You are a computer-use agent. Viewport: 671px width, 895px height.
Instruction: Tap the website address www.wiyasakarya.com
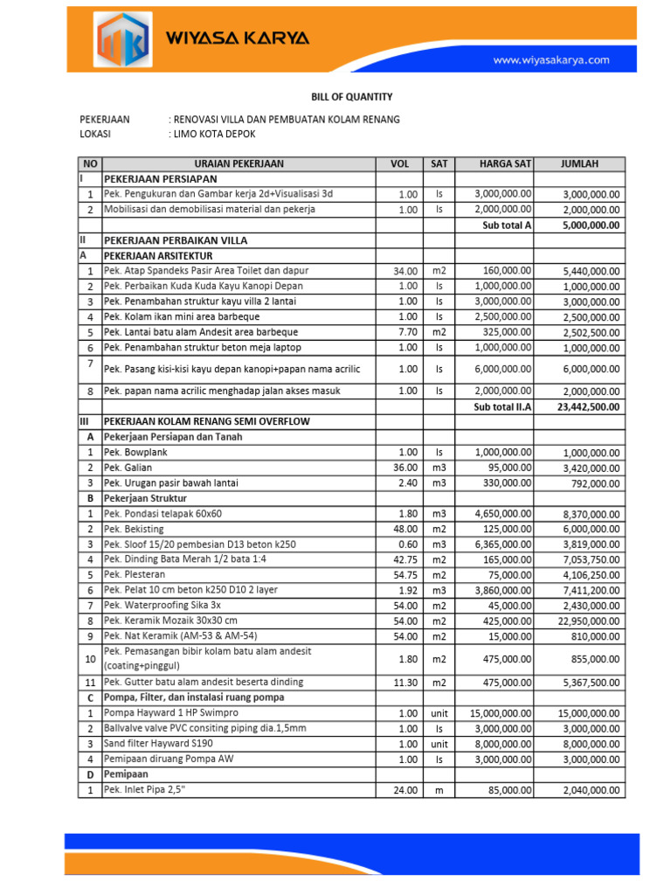point(550,60)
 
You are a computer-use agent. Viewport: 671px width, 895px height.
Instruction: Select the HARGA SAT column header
point(505,163)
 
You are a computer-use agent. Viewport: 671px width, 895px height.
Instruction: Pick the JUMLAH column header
point(579,163)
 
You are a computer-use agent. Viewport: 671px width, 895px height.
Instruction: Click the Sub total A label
point(507,225)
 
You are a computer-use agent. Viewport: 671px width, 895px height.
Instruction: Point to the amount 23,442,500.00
point(589,406)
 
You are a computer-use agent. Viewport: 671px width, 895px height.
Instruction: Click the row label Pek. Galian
point(129,468)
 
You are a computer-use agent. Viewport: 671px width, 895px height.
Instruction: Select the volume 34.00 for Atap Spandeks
point(407,272)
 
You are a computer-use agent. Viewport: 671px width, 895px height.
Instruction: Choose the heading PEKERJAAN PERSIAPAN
point(161,178)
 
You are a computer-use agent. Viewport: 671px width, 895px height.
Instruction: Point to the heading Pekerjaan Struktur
point(147,498)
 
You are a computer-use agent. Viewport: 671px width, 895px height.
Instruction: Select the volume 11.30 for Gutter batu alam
point(407,682)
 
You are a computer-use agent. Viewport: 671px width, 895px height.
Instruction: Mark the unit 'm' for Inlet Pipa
point(439,791)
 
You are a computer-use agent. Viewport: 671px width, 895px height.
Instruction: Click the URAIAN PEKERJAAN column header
point(239,163)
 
